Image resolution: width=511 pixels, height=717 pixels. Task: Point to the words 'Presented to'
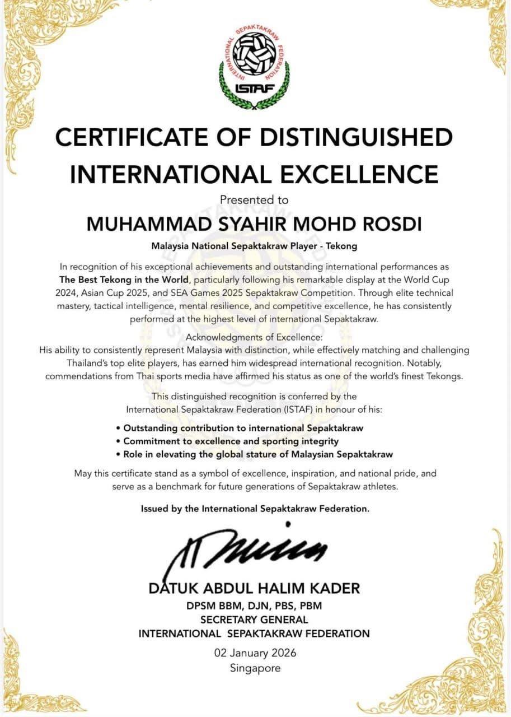coord(254,199)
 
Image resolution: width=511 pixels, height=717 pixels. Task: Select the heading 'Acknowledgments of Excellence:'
coord(254,337)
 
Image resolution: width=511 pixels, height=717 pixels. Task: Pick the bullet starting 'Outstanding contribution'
coord(243,428)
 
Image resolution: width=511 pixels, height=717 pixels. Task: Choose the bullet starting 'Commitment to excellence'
coord(231,441)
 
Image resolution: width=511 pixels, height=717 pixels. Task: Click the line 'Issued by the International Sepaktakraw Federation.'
coord(255,509)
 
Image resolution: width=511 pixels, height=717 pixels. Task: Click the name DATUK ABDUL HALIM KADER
coord(254,589)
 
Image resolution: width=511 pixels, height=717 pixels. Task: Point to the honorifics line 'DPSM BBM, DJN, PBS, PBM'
coord(254,606)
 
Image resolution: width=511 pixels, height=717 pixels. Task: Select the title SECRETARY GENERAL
coord(254,620)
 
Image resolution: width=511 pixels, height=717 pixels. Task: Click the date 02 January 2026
coord(255,653)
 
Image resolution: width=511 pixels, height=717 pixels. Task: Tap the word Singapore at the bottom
coord(255,667)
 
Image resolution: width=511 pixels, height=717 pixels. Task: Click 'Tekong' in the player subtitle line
coord(341,246)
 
